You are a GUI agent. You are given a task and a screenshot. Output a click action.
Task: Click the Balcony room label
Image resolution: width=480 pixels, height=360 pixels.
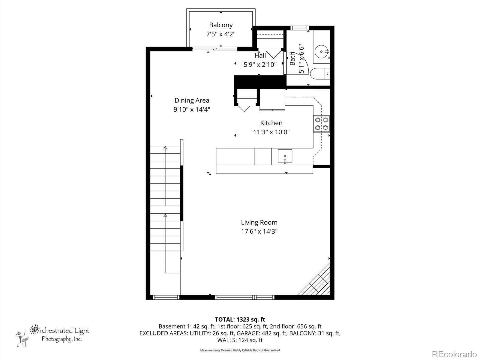[x=221, y=25]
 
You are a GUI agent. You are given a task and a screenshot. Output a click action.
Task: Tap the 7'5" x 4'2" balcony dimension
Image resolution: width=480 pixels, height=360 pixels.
[x=221, y=34]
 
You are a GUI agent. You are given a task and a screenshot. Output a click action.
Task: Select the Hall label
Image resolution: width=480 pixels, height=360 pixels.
[x=260, y=55]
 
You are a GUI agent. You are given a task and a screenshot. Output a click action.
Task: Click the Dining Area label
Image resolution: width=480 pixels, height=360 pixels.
[x=192, y=100]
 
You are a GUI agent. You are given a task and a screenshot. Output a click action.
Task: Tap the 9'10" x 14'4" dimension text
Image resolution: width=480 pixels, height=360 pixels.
[x=192, y=109]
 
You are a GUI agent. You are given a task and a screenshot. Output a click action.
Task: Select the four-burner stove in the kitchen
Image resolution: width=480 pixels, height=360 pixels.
[x=321, y=124]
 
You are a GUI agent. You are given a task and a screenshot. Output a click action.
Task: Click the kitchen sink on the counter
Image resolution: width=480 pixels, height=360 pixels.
[x=285, y=156]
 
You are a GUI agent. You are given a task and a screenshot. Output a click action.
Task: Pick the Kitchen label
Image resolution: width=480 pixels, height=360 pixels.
[x=271, y=123]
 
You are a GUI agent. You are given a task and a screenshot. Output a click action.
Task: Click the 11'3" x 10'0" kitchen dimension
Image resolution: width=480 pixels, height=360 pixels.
[x=271, y=132]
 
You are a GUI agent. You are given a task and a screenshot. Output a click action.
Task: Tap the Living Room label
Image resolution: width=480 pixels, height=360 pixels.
[x=259, y=223]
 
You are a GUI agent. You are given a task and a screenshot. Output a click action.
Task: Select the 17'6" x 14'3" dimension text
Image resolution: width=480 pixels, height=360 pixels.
[x=259, y=232]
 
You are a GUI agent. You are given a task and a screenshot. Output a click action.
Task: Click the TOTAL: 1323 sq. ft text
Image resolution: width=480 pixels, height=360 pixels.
[x=240, y=319]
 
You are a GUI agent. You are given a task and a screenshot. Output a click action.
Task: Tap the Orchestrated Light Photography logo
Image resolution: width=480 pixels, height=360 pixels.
[x=54, y=334]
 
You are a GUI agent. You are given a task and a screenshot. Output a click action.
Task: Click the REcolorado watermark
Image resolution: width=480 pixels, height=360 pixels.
[x=454, y=354]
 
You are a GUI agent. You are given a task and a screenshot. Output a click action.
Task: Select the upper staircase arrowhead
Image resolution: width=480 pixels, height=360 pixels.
[x=165, y=148]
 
